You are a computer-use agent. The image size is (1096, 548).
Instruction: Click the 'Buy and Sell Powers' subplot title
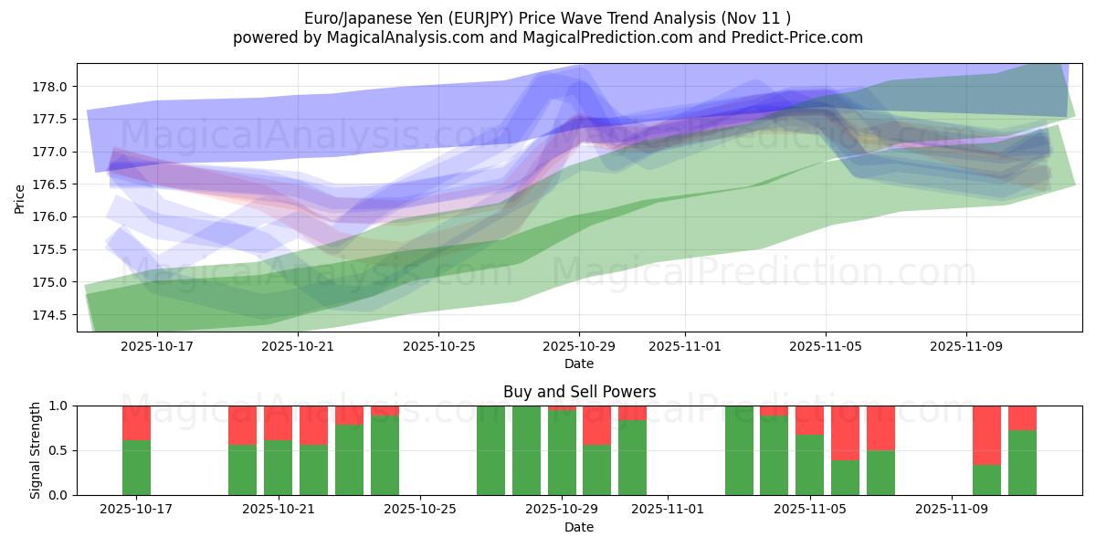tap(579, 392)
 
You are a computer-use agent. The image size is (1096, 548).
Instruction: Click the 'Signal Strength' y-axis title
tap(36, 450)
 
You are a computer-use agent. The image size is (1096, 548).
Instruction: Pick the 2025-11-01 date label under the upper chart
tap(684, 347)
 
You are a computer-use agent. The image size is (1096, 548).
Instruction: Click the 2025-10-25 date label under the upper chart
tap(439, 347)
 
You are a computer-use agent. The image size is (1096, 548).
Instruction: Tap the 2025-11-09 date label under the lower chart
tap(952, 510)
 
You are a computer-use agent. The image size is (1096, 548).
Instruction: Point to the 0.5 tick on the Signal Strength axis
tap(59, 450)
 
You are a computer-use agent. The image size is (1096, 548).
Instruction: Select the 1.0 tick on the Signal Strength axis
tap(59, 406)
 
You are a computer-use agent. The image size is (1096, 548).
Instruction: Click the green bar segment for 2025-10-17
tap(136, 468)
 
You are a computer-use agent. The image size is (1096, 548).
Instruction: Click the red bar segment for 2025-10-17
tap(136, 423)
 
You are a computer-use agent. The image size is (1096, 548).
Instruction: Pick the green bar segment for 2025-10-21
tap(278, 468)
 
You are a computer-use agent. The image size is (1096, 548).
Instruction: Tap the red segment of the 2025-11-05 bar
tap(809, 420)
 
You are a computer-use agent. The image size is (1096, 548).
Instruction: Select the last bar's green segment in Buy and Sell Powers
tap(1022, 463)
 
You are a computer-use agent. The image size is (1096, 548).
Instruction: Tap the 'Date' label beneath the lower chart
tap(579, 527)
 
